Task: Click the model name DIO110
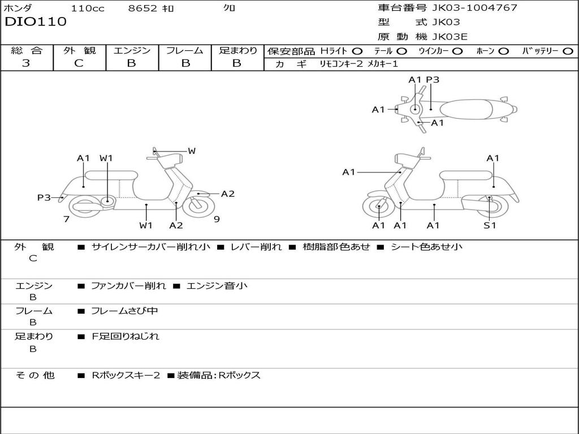[36, 21]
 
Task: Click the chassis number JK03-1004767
[474, 7]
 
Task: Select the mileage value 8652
[142, 8]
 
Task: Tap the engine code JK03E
[450, 37]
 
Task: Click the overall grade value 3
[26, 63]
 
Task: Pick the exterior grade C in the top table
[79, 63]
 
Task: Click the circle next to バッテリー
[568, 51]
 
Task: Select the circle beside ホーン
[503, 51]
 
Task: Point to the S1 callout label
[490, 225]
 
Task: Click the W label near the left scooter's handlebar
[192, 150]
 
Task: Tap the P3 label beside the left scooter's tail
[44, 197]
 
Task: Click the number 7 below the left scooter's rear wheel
[67, 219]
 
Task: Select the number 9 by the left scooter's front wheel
[217, 219]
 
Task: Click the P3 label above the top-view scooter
[433, 80]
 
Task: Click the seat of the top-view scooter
[466, 110]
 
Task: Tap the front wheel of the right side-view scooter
[379, 207]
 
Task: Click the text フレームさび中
[124, 311]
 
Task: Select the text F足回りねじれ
[126, 336]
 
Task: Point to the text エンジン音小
[217, 285]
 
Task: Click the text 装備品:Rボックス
[219, 375]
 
